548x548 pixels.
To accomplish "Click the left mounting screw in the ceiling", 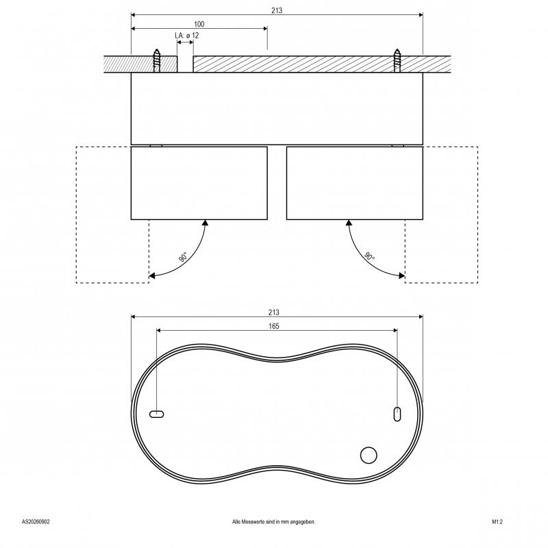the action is click(x=157, y=60).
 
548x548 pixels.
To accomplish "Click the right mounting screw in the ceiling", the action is click(x=397, y=60).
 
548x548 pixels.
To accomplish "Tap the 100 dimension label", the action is click(x=199, y=24).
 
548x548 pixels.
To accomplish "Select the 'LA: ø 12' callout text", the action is click(x=186, y=36).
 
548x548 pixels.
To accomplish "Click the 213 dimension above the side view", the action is click(x=277, y=10).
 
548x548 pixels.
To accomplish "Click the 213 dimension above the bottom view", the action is click(x=274, y=312).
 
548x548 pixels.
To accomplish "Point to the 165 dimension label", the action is click(x=274, y=326).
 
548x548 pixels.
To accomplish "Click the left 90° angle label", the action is click(x=183, y=257).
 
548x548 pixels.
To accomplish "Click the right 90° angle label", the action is click(x=369, y=256).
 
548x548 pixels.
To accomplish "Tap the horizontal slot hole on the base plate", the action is click(x=157, y=414).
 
